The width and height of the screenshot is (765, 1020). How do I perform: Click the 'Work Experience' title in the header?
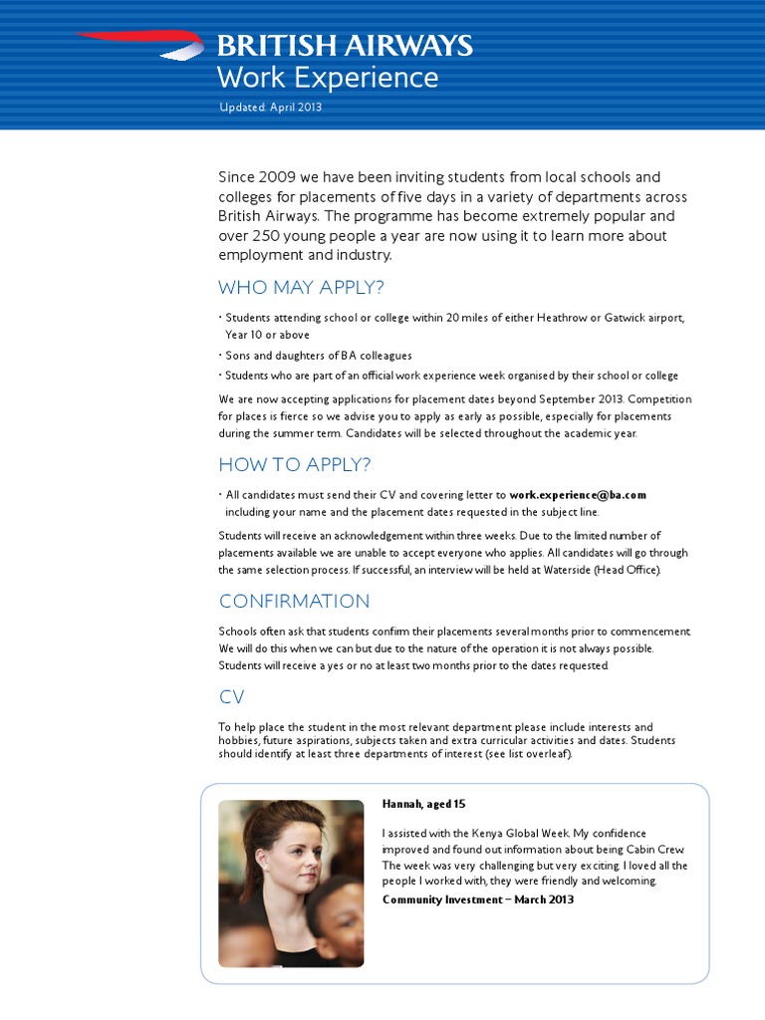click(x=328, y=78)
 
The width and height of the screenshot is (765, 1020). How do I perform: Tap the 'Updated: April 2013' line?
click(x=270, y=108)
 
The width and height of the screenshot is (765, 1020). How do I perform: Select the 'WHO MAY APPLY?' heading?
click(x=301, y=288)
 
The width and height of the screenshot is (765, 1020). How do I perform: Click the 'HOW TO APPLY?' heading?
click(x=295, y=464)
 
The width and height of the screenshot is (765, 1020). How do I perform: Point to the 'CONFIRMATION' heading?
click(x=294, y=601)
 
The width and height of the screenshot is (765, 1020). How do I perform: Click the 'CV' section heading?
click(x=231, y=696)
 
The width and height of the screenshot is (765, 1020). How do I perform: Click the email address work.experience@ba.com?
click(x=578, y=494)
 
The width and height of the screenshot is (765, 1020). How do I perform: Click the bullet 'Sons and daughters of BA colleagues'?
click(x=318, y=356)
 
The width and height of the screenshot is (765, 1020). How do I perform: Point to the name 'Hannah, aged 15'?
click(x=423, y=804)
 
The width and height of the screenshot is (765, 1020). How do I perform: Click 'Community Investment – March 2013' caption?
click(x=478, y=899)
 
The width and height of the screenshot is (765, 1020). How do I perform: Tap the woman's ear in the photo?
click(x=262, y=858)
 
